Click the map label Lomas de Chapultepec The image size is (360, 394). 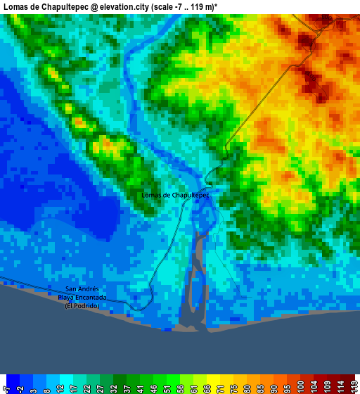coord(175,195)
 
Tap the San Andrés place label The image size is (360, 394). coord(84,289)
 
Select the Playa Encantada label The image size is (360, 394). coord(84,298)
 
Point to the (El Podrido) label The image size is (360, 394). coord(84,306)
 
